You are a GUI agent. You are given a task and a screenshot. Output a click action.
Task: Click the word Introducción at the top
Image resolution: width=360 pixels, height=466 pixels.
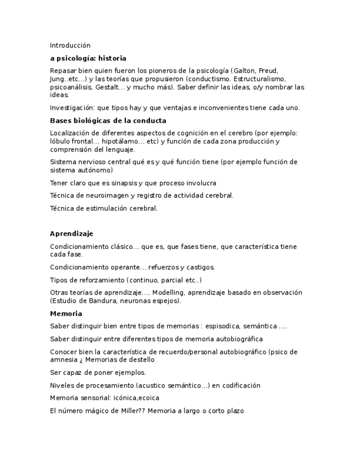[x=70, y=46]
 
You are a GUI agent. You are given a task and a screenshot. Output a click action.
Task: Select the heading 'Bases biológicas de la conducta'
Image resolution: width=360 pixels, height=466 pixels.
[x=108, y=120]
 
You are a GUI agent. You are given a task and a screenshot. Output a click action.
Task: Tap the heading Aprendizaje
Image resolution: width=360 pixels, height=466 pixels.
[x=71, y=234]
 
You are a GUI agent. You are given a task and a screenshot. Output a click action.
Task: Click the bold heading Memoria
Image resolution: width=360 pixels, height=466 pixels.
[x=66, y=314]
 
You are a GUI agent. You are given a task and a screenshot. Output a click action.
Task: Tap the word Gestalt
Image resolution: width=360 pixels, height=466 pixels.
[x=107, y=87]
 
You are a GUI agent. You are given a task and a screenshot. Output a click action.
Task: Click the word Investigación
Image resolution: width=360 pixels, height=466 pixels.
[x=72, y=108]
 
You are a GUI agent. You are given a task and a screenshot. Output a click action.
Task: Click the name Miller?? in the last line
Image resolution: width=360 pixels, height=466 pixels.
[x=132, y=410]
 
